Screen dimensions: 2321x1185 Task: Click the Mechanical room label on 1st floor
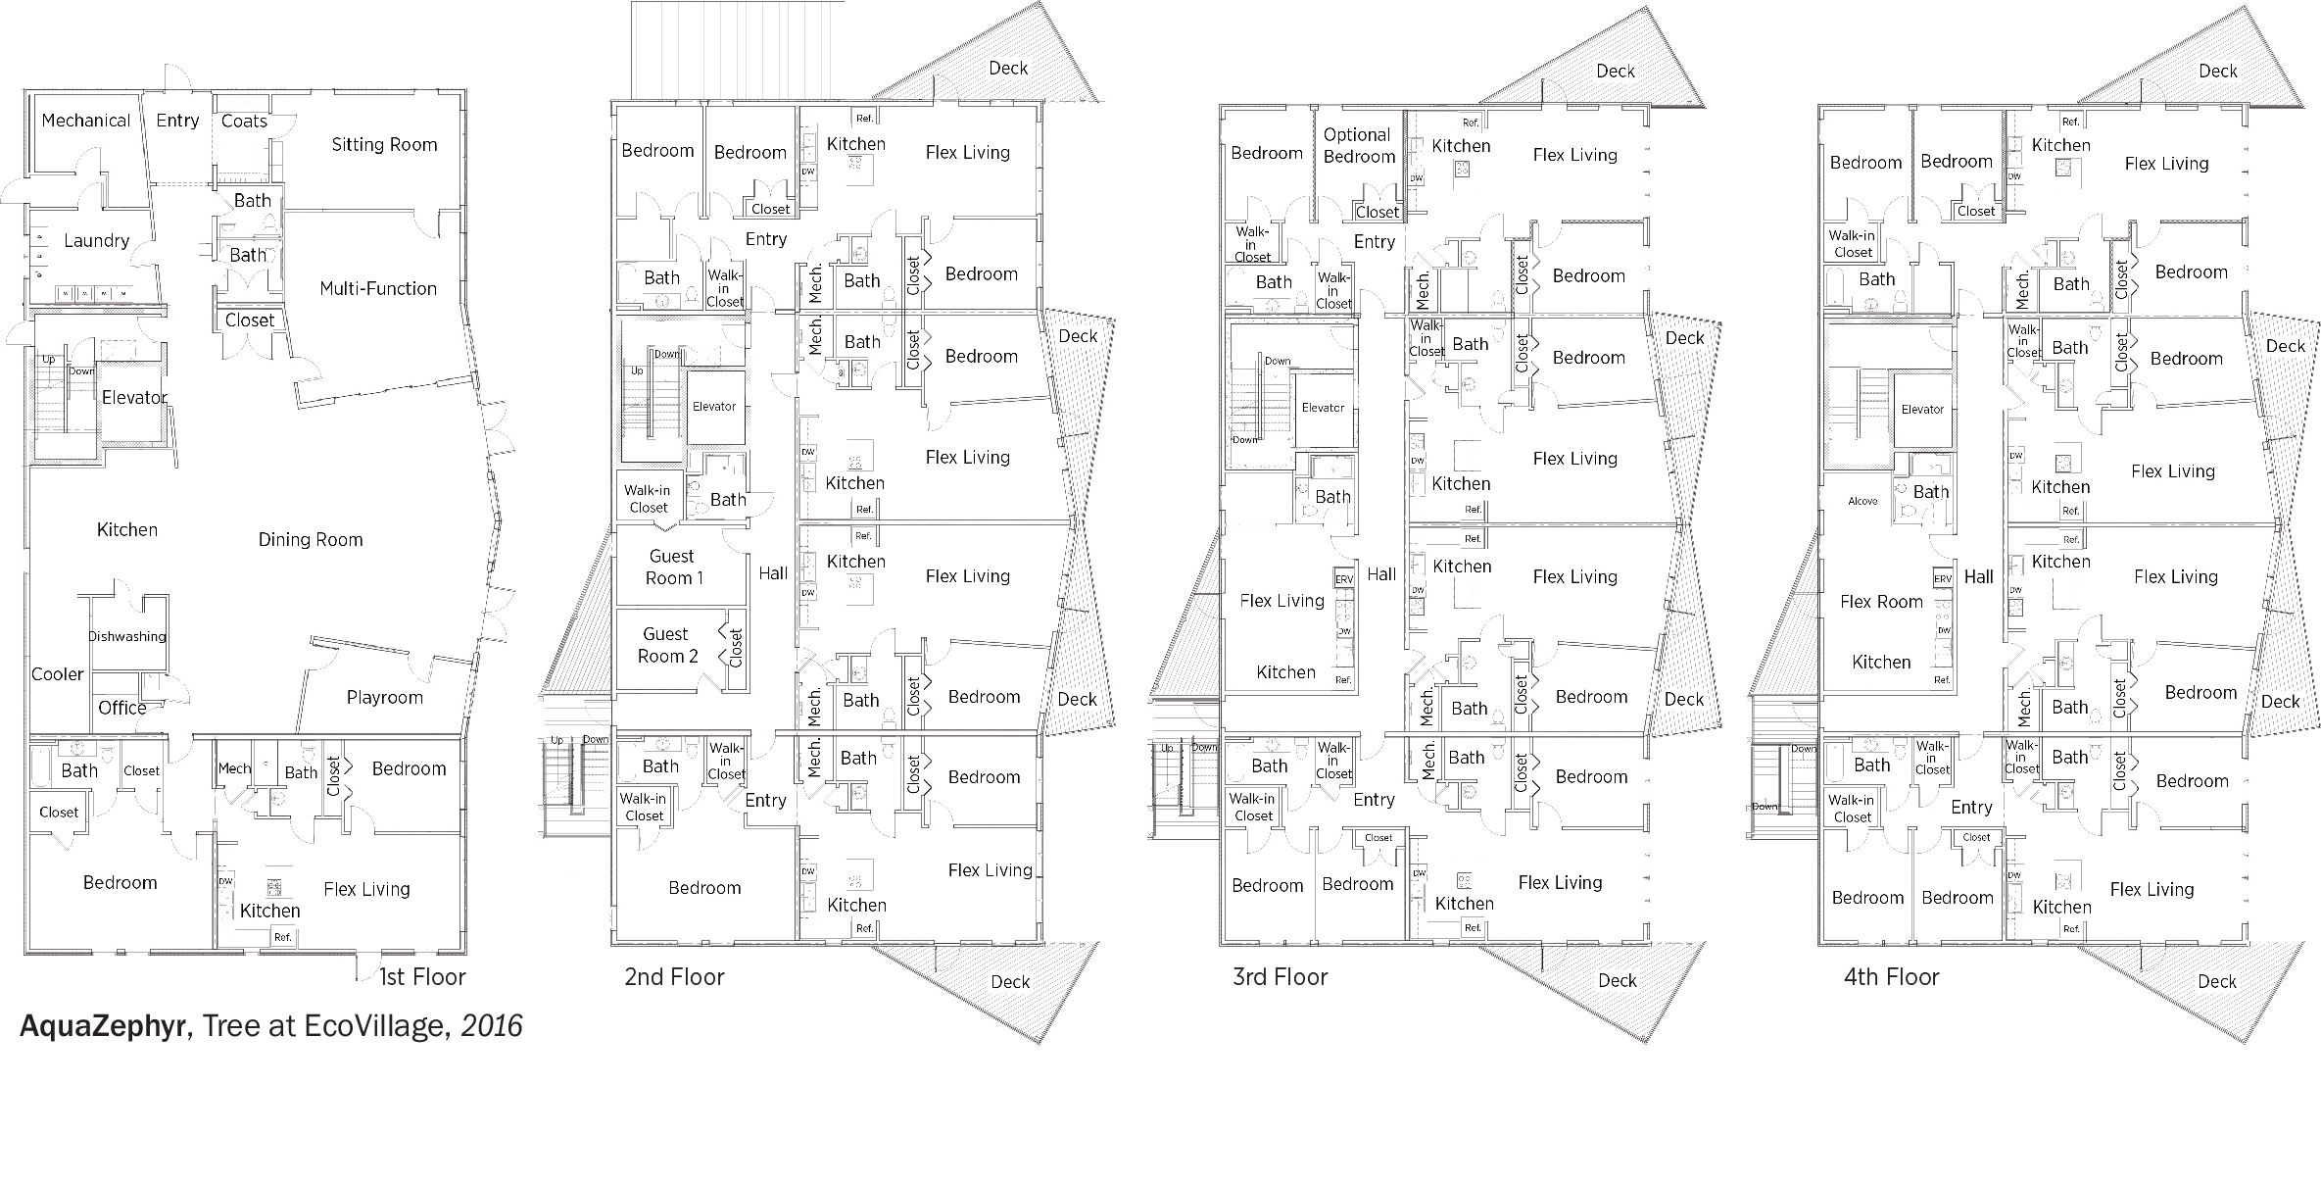pos(86,121)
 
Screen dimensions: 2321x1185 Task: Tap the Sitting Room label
pos(384,145)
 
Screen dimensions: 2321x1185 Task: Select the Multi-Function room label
pos(378,288)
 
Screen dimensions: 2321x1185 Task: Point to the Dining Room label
pos(311,539)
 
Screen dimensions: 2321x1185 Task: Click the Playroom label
pos(385,698)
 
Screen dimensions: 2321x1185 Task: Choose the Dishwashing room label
pos(127,636)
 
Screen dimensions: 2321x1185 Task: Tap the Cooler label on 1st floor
pos(58,674)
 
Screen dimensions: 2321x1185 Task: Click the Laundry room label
pos(96,241)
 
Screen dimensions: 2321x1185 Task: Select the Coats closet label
pos(244,121)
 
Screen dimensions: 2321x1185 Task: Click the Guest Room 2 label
pos(667,645)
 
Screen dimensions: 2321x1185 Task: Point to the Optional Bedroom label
pos(1359,146)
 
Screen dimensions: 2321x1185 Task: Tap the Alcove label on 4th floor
pos(1862,501)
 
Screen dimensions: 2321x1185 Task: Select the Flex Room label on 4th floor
pos(1881,602)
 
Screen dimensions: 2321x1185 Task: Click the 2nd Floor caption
pos(674,977)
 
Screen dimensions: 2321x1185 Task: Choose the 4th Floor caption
pos(1891,977)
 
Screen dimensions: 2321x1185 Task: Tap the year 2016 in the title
pos(492,1025)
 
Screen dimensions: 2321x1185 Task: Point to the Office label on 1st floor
pos(122,708)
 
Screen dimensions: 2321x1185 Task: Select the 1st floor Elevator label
pos(135,397)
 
